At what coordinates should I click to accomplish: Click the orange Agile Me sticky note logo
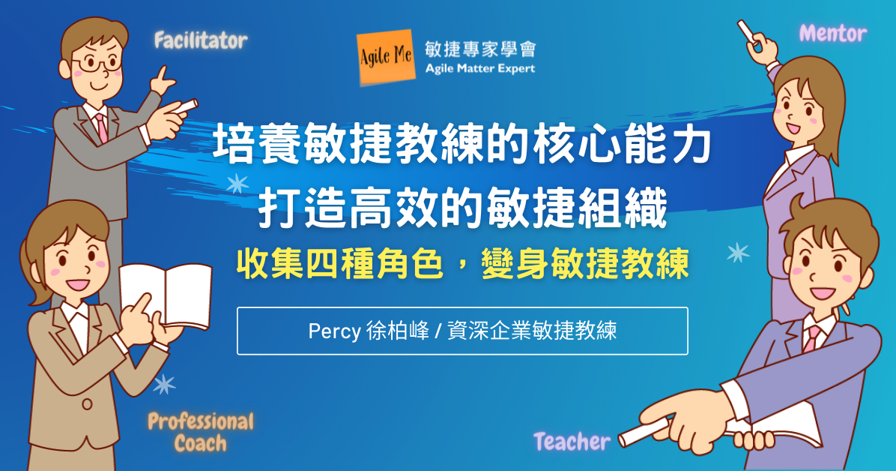(387, 57)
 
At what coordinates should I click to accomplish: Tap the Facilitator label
(201, 40)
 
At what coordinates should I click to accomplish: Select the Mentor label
(832, 33)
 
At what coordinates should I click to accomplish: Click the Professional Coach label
(201, 433)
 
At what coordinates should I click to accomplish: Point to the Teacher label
(572, 442)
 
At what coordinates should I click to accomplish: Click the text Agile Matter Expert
(480, 69)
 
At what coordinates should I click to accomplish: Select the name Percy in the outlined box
(334, 331)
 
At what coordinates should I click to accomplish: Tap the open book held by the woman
(166, 295)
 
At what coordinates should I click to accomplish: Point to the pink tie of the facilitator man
(102, 127)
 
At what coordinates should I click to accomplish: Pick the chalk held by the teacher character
(644, 431)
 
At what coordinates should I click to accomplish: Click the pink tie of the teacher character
(811, 339)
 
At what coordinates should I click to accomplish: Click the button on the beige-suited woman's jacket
(87, 404)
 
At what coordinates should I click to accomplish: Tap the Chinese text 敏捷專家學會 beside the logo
(480, 49)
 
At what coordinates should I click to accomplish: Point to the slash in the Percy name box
(438, 331)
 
